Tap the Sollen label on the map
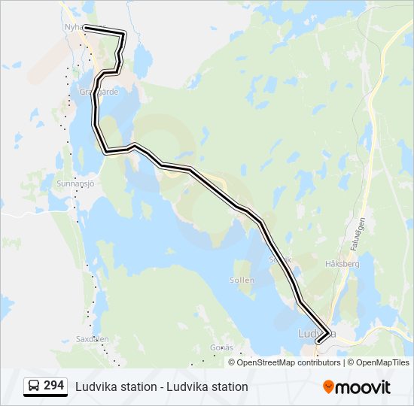pyautogui.click(x=242, y=280)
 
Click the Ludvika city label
pyautogui.click(x=316, y=332)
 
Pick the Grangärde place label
pyautogui.click(x=99, y=91)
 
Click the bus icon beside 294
pyautogui.click(x=33, y=386)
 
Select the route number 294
pyautogui.click(x=53, y=386)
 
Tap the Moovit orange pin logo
pyautogui.click(x=328, y=386)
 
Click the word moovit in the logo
pyautogui.click(x=364, y=387)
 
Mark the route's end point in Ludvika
pyautogui.click(x=318, y=342)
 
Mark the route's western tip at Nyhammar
pyautogui.click(x=85, y=28)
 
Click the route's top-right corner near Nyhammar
pyautogui.click(x=124, y=32)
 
